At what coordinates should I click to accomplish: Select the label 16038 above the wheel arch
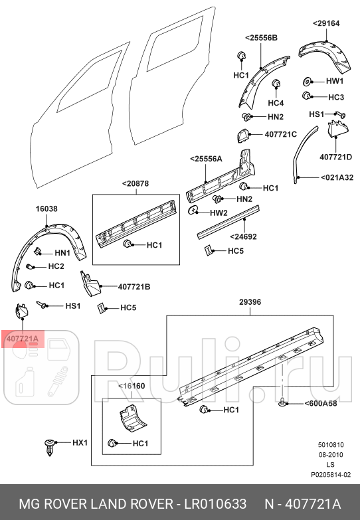pos(46,209)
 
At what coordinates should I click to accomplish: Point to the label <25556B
pos(261,37)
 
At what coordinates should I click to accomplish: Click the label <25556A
pos(206,159)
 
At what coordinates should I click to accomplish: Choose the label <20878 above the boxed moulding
pos(135,183)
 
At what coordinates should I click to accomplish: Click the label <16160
pos(130,385)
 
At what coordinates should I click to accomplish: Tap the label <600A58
pos(320,403)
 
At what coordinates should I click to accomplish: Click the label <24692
pos(243,236)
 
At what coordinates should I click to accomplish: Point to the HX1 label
pos(80,442)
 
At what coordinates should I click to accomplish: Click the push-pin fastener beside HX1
pos(50,445)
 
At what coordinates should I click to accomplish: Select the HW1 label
pos(334,81)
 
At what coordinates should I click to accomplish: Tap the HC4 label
pos(276,103)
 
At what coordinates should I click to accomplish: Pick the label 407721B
pos(134,287)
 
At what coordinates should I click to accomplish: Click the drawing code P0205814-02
pos(330,475)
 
